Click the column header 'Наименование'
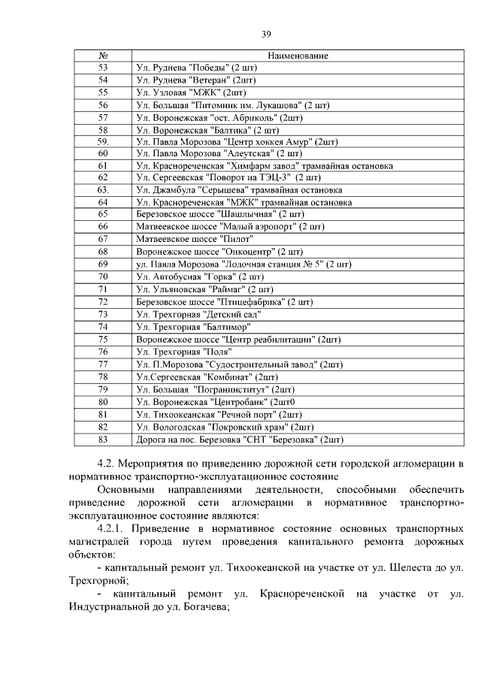[298, 56]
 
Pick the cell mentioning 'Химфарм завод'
[264, 165]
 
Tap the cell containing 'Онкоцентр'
[219, 251]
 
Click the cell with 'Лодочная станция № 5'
[244, 263]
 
